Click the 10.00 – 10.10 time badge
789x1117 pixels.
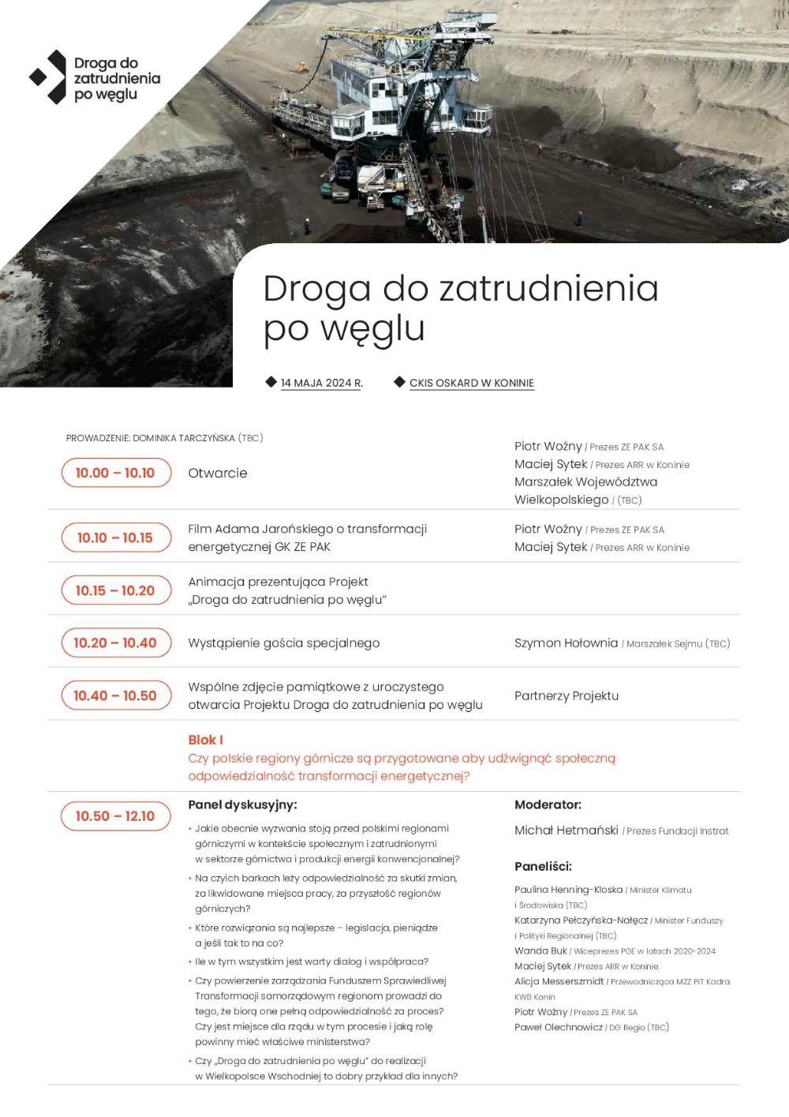click(x=115, y=473)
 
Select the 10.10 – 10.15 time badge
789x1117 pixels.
click(x=115, y=538)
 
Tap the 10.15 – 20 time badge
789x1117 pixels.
click(x=115, y=590)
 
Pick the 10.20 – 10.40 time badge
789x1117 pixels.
click(x=115, y=643)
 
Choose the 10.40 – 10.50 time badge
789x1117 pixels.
click(x=115, y=695)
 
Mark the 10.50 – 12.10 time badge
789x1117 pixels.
click(x=115, y=816)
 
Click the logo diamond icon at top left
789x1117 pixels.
click(x=49, y=77)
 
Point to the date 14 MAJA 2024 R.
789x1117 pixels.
click(x=321, y=383)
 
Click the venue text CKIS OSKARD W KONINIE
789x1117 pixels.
click(x=471, y=383)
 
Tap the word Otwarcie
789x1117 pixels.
click(x=218, y=473)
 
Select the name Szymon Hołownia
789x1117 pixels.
click(x=566, y=643)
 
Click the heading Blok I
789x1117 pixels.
click(x=205, y=740)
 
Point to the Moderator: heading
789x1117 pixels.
click(x=548, y=804)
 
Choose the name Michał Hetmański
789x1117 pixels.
click(x=566, y=830)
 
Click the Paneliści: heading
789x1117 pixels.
click(x=543, y=866)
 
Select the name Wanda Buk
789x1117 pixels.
click(x=540, y=950)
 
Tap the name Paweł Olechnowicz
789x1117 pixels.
click(x=558, y=1027)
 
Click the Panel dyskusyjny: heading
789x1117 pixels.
click(x=242, y=804)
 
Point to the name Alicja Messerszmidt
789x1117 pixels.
click(x=559, y=981)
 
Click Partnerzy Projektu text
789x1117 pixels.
click(x=566, y=695)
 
